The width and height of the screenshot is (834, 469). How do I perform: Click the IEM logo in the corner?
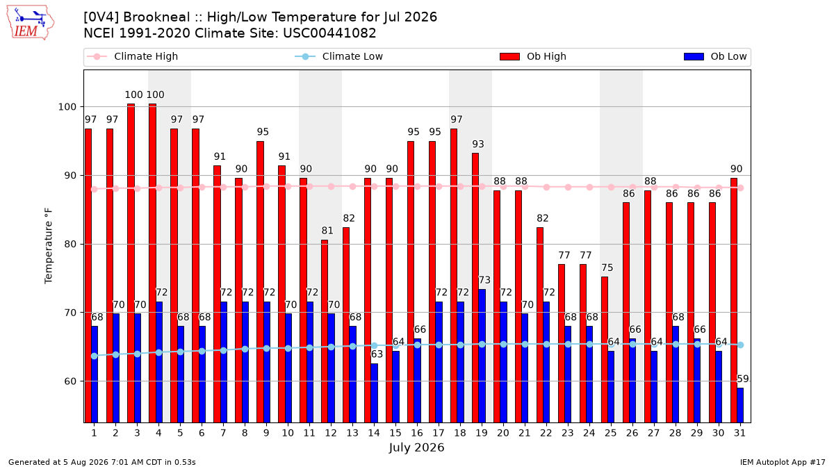pyautogui.click(x=31, y=23)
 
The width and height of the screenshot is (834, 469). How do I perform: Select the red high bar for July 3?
pyautogui.click(x=131, y=263)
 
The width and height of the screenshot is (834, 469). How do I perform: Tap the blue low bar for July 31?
pyautogui.click(x=740, y=405)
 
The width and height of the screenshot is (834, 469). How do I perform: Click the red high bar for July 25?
pyautogui.click(x=605, y=349)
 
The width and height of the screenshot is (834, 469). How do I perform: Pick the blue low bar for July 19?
pyautogui.click(x=482, y=356)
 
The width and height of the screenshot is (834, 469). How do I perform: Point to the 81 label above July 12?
pyautogui.click(x=327, y=231)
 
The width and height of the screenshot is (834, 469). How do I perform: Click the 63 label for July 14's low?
pyautogui.click(x=377, y=354)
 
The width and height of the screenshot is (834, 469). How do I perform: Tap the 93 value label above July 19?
pyautogui.click(x=478, y=144)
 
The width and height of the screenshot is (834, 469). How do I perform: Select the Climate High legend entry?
pyautogui.click(x=132, y=56)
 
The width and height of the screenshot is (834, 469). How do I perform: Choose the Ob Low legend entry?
pyautogui.click(x=715, y=56)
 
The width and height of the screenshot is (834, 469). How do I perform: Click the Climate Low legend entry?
pyautogui.click(x=339, y=56)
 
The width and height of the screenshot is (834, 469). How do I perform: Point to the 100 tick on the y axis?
pyautogui.click(x=67, y=107)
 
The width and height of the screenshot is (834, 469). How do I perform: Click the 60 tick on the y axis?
pyautogui.click(x=70, y=381)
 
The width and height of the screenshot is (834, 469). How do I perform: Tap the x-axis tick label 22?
pyautogui.click(x=546, y=433)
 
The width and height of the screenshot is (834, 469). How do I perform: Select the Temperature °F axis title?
pyautogui.click(x=49, y=246)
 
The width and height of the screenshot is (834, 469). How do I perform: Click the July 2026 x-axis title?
pyautogui.click(x=416, y=447)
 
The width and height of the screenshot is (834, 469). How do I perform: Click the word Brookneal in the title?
pyautogui.click(x=162, y=17)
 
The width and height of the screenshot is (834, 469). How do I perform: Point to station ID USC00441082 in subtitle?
pyautogui.click(x=329, y=33)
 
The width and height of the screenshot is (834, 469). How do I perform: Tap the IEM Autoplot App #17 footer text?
pyautogui.click(x=783, y=462)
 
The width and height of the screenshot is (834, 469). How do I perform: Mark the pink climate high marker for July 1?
pyautogui.click(x=95, y=189)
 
